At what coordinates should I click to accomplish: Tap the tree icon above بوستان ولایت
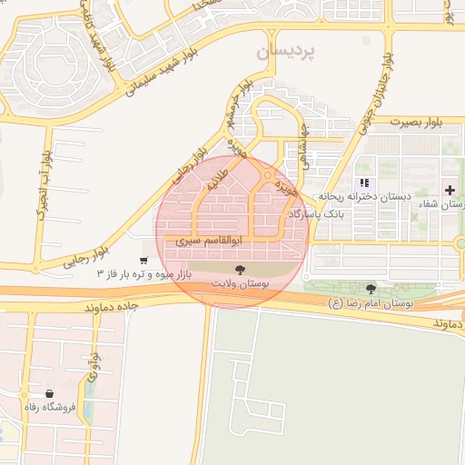tap(240, 270)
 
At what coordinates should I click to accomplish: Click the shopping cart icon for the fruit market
tap(143, 261)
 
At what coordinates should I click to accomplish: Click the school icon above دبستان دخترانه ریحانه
tap(364, 183)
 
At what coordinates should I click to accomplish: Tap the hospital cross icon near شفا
tap(450, 189)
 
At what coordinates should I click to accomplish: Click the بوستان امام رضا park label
tap(371, 303)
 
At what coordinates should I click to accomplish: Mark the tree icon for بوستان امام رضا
tap(371, 289)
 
